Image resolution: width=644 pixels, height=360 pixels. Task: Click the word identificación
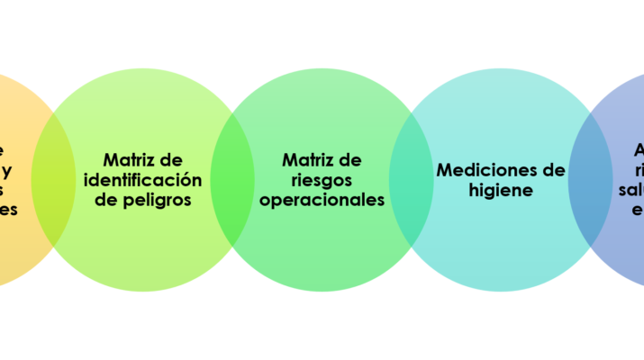click(142, 180)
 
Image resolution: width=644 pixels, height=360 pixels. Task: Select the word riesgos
click(322, 180)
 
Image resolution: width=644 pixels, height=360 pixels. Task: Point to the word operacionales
click(322, 200)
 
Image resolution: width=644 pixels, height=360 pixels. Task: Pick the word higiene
click(501, 190)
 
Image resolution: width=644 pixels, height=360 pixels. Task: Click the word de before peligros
click(107, 200)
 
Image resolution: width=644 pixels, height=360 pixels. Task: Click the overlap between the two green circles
click(232, 180)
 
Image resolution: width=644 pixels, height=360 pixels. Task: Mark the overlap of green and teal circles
click(412, 180)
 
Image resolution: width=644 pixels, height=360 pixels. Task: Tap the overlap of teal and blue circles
click(591, 180)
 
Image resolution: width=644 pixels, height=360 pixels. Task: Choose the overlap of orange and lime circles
click(53, 180)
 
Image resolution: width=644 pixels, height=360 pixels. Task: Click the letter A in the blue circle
click(639, 149)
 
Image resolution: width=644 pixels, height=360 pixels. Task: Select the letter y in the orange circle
click(6, 170)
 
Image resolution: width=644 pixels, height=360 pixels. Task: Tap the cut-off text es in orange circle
click(9, 211)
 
